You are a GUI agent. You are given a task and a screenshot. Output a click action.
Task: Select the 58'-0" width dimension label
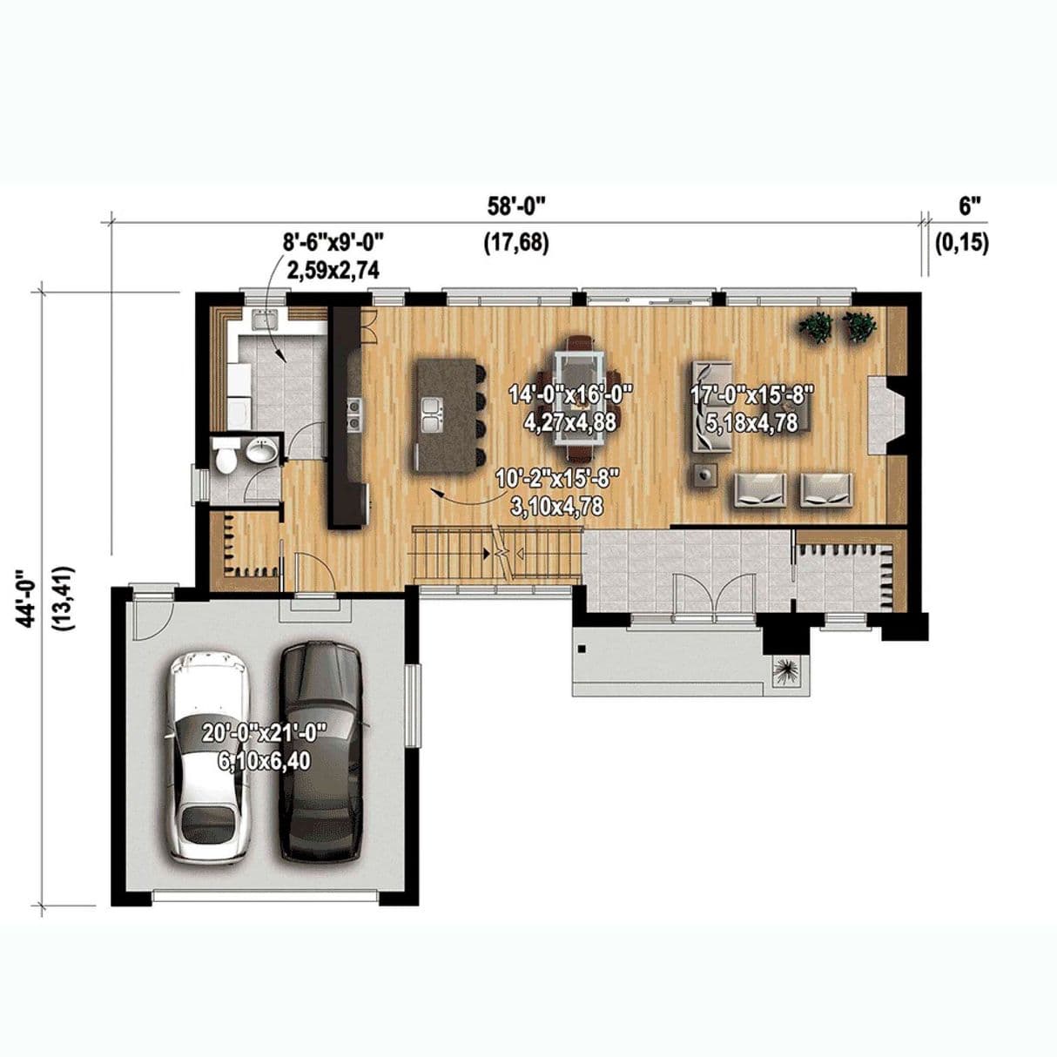coord(516,206)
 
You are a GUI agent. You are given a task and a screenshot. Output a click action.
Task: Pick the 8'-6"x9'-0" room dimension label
coord(333,242)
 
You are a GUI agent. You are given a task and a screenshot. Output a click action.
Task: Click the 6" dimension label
coord(969,207)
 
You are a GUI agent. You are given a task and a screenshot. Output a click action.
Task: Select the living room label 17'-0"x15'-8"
coord(751,395)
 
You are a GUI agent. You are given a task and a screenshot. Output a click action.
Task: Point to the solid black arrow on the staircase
coord(487,554)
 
